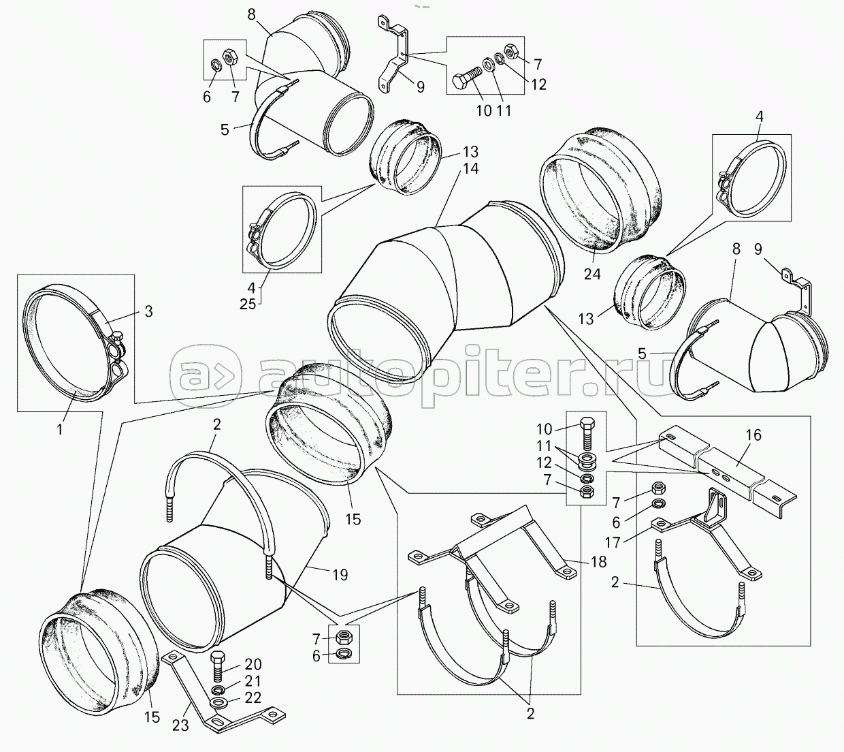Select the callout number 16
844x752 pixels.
(753, 435)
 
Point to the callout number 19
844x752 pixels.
(339, 576)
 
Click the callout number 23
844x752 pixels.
(180, 725)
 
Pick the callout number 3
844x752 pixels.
(148, 311)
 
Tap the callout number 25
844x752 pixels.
(248, 303)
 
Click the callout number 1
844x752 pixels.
(60, 430)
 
